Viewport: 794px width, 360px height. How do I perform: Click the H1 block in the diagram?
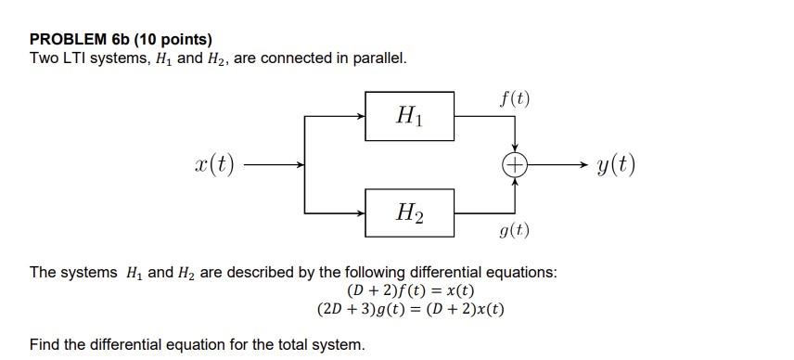coord(409,116)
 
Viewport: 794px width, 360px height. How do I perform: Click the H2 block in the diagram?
coord(409,213)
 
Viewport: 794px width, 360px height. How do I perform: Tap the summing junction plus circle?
coord(515,165)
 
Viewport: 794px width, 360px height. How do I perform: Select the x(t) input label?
coord(214,166)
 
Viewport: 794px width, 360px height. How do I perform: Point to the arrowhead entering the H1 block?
coord(361,116)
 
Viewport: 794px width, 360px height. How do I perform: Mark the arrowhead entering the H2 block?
coord(361,213)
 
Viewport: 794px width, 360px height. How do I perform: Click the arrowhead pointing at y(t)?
coord(582,165)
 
